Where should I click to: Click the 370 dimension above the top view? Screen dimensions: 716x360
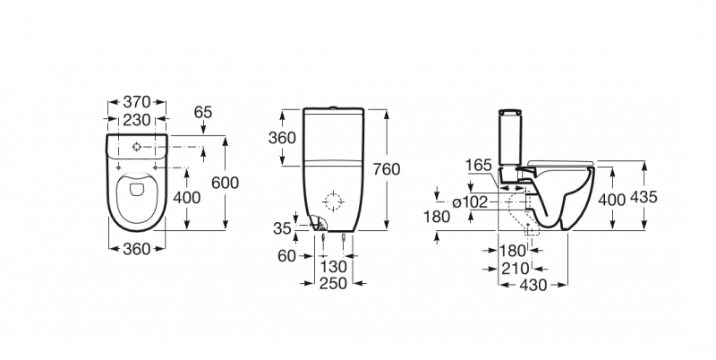click(x=137, y=101)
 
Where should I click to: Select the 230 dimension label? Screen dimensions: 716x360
click(x=137, y=120)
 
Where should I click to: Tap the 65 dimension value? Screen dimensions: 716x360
click(x=203, y=112)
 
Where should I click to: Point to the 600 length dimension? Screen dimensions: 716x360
click(x=226, y=183)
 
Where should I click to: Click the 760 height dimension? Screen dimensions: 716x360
click(x=387, y=169)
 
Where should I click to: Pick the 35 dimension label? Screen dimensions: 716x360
click(x=282, y=228)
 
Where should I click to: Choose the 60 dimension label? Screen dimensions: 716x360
click(x=286, y=256)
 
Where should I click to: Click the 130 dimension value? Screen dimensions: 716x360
click(x=333, y=266)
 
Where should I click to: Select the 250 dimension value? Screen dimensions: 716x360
click(x=333, y=284)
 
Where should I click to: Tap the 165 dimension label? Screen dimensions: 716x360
click(x=479, y=165)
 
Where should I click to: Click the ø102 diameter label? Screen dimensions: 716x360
click(x=470, y=201)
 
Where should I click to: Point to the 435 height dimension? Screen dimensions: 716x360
click(x=644, y=197)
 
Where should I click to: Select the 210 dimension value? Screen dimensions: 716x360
click(x=516, y=269)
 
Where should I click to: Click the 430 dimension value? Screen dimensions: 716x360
click(x=533, y=285)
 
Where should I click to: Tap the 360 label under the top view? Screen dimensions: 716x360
click(x=137, y=249)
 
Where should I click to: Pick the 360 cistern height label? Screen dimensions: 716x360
click(x=282, y=138)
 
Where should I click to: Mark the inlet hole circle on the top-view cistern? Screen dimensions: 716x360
click(x=137, y=147)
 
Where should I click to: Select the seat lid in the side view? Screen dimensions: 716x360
click(x=560, y=163)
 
